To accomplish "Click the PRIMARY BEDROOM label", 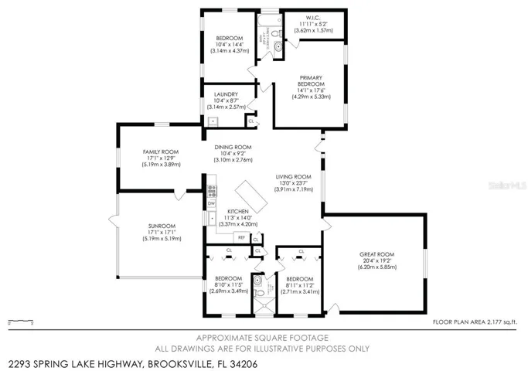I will coord(311,82).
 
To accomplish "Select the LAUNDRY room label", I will coord(226,94).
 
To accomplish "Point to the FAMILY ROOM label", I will coord(160,151).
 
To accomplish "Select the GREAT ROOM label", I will coord(376,254).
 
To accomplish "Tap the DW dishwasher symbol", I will coord(210,203).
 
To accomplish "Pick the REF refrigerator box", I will coord(241,237).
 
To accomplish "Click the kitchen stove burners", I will coord(211,190).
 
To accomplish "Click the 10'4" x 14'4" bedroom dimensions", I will coord(229,45).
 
